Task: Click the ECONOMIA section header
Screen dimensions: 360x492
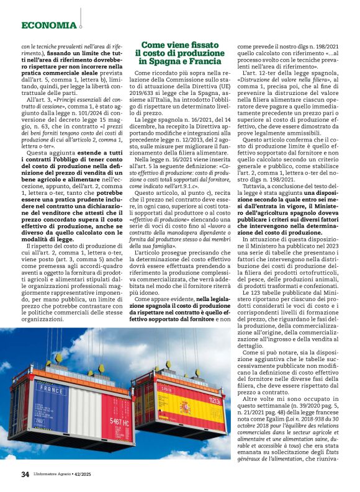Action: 48,25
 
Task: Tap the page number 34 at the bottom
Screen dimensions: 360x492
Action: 25,475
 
